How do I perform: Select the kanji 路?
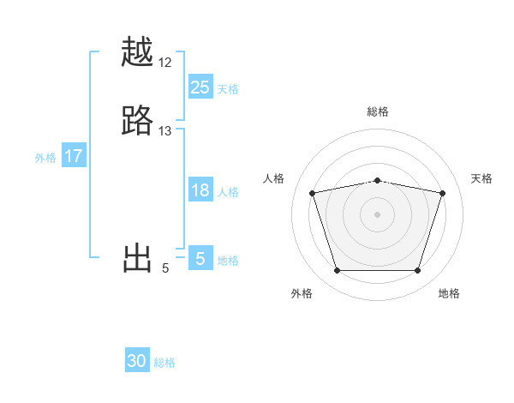click(138, 121)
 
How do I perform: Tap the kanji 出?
click(138, 258)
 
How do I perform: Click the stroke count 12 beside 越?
click(165, 63)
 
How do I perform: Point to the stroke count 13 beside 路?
click(165, 130)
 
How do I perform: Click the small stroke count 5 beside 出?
click(165, 268)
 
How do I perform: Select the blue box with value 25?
click(200, 87)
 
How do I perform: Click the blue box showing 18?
click(200, 191)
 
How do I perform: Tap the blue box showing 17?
click(74, 157)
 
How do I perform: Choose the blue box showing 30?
click(137, 362)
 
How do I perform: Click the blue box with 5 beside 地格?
click(200, 259)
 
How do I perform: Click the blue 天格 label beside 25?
click(228, 88)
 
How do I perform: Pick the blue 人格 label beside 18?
click(228, 192)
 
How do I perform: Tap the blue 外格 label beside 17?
click(45, 158)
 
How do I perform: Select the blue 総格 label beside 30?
click(164, 363)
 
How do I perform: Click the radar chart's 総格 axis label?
click(378, 111)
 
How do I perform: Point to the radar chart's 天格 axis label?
click(481, 178)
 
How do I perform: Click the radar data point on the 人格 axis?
click(313, 193)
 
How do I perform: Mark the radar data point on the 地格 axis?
click(417, 271)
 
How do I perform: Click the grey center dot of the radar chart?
click(378, 214)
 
